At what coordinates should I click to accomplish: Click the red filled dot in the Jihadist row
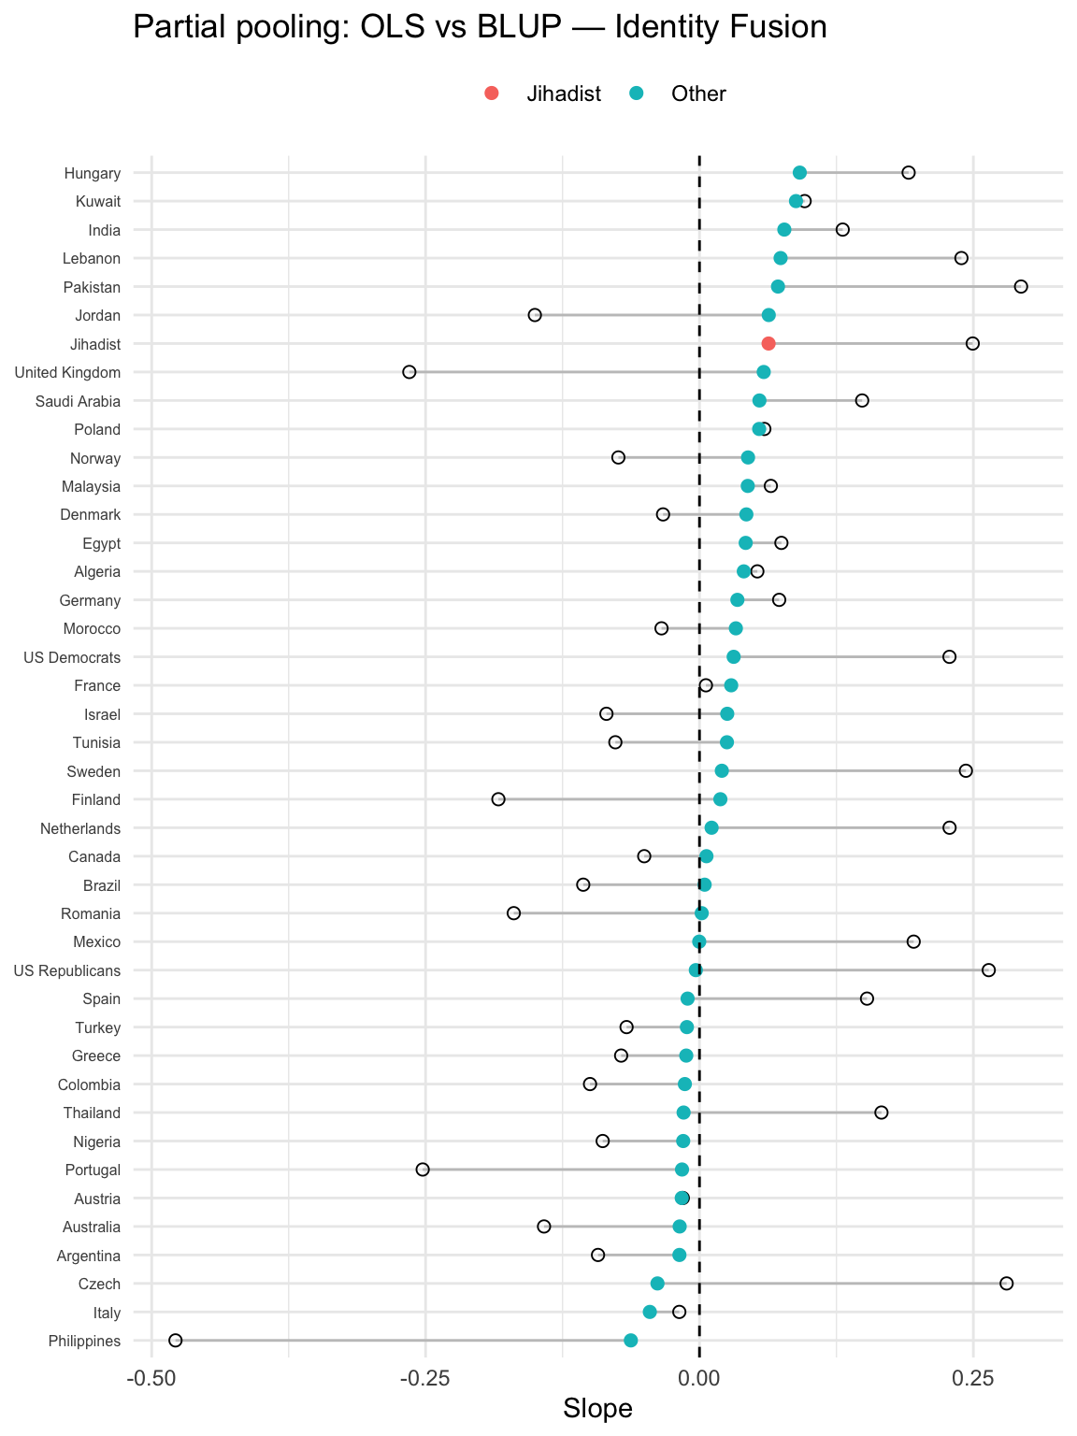click(x=768, y=344)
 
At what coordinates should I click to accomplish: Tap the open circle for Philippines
click(x=175, y=1341)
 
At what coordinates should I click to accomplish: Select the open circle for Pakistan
click(x=1021, y=286)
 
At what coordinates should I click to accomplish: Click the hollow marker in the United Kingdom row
click(x=409, y=372)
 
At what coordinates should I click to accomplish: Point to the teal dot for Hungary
click(x=799, y=173)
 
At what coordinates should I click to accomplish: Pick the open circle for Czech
click(x=1006, y=1284)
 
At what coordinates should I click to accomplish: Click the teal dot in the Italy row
click(x=650, y=1312)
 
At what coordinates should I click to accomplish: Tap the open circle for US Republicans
click(x=988, y=970)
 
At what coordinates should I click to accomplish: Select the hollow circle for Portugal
click(x=423, y=1170)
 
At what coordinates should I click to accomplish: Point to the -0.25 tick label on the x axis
click(x=425, y=1378)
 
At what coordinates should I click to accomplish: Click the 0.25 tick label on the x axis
click(x=972, y=1378)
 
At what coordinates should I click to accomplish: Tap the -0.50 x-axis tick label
click(x=151, y=1378)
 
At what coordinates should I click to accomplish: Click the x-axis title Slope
click(x=597, y=1409)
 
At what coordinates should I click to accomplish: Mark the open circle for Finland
click(x=498, y=799)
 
